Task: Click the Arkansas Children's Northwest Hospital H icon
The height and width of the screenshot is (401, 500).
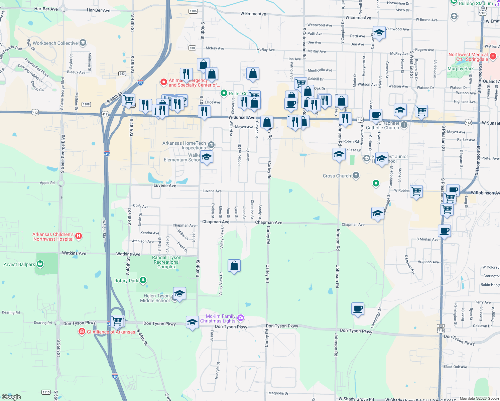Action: tap(79, 236)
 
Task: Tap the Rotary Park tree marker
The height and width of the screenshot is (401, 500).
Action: tap(143, 280)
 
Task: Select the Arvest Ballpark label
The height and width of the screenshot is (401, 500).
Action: tap(19, 264)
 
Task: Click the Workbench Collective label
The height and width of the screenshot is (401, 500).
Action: tap(55, 43)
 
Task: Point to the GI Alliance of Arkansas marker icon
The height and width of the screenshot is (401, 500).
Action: tap(82, 331)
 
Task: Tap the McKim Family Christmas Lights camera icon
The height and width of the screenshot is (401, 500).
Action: tap(241, 318)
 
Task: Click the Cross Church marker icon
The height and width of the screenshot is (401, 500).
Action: tap(356, 175)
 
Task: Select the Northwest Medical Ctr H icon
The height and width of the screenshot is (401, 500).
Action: tap(493, 56)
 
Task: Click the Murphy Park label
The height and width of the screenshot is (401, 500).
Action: tap(460, 69)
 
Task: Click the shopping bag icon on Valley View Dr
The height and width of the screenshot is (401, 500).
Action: tap(234, 266)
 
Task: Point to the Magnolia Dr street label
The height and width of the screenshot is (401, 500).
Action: tap(278, 393)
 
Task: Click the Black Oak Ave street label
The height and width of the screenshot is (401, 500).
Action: tap(455, 367)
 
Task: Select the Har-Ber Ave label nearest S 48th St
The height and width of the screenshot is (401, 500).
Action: tap(99, 10)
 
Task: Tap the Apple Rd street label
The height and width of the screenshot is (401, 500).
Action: tap(47, 183)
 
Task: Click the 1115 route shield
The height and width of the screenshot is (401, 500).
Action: tap(46, 392)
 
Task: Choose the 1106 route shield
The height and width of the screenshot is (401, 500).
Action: tap(193, 11)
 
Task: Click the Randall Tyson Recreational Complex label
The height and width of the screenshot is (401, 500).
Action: tap(166, 262)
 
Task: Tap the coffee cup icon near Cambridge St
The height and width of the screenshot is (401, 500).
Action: tap(358, 309)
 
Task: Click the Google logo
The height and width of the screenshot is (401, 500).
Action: tap(11, 397)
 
